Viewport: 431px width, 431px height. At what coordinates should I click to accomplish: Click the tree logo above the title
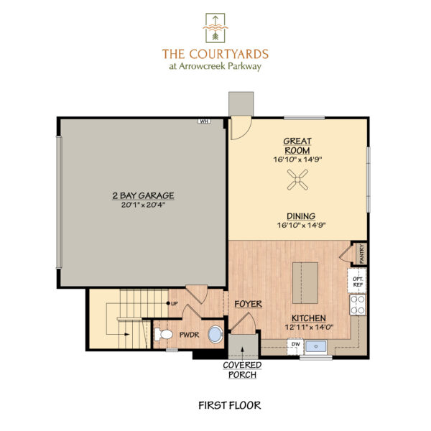pos(215,27)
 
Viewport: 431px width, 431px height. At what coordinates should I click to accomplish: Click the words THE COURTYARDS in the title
pos(215,53)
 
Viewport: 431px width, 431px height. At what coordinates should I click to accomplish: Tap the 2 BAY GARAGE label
pos(144,195)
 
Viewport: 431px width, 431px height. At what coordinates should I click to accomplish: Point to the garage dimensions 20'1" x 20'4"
pos(144,204)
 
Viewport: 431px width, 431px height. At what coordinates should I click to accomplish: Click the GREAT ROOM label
pos(297,146)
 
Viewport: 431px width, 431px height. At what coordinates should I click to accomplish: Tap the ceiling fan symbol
pos(297,185)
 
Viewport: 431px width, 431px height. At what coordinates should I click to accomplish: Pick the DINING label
pos(297,215)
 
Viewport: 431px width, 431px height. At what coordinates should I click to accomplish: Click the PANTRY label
pos(361,254)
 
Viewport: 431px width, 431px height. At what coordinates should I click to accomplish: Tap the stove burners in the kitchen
pos(357,305)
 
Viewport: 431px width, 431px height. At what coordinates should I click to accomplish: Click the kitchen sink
pos(316,346)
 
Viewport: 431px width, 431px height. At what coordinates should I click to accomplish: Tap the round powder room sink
pos(214,335)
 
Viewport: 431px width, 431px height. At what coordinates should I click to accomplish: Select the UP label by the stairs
pos(174,302)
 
